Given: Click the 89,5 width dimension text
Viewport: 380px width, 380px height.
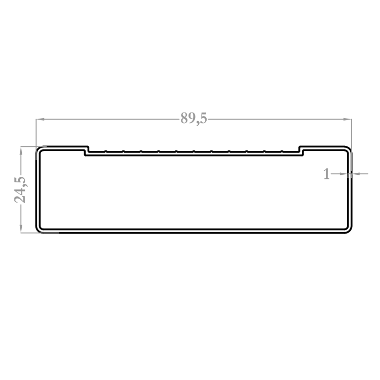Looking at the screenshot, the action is [x=194, y=119].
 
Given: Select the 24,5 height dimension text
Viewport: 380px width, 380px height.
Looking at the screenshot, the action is [x=20, y=190].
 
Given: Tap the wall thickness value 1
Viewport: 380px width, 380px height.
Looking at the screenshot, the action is [x=327, y=174].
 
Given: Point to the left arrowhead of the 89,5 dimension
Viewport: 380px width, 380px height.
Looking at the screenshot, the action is [x=40, y=119].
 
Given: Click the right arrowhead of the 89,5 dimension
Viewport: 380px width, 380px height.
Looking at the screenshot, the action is [x=348, y=119].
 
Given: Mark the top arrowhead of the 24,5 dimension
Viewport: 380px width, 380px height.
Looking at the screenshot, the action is [x=21, y=150].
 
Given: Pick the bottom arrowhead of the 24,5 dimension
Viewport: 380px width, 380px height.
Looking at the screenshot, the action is [x=21, y=229].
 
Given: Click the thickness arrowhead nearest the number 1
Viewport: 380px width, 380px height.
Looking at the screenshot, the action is [x=344, y=174].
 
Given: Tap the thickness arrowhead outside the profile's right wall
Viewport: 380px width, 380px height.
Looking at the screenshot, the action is [x=356, y=174].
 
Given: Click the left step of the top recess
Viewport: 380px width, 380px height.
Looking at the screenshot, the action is [x=87, y=151].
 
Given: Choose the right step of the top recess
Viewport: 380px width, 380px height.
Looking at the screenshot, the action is [x=301, y=151].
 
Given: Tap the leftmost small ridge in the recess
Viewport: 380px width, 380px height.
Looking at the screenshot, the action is [x=106, y=151].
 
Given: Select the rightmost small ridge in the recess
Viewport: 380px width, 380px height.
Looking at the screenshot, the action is [x=282, y=151].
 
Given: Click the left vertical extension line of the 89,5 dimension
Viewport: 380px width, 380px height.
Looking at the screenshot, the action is [x=36, y=139].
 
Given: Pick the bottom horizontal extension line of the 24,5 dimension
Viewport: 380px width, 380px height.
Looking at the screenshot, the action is [x=40, y=233].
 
